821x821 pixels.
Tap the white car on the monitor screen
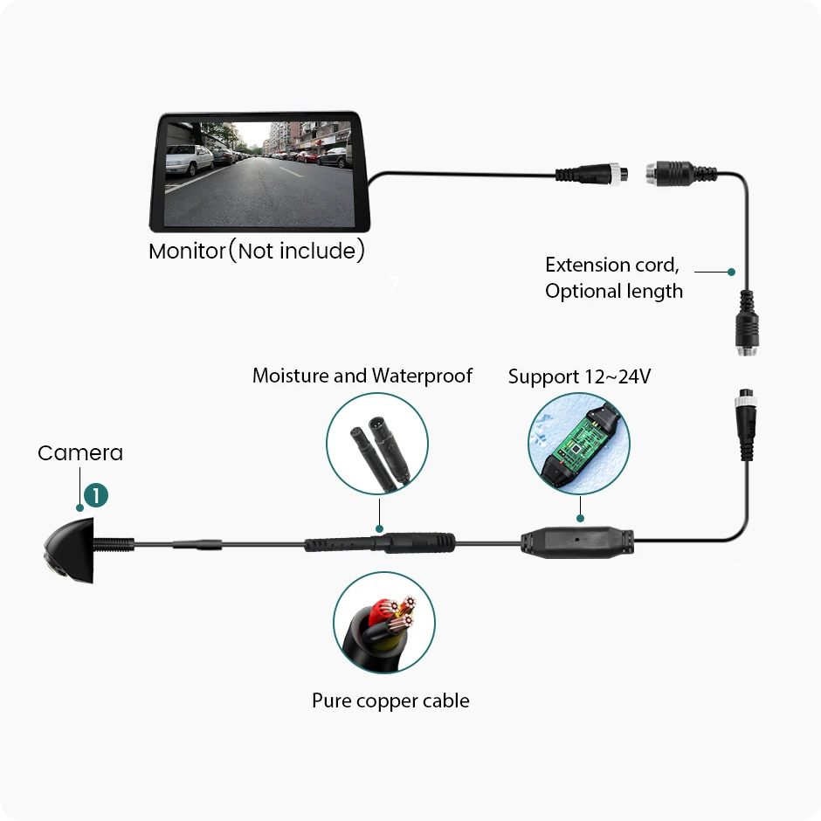click(188, 161)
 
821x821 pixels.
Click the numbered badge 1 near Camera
click(95, 495)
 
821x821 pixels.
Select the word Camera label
click(80, 453)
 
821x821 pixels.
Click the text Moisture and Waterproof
click(362, 376)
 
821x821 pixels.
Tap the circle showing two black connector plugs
click(376, 443)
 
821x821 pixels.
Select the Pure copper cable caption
click(390, 700)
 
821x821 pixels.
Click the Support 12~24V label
click(579, 377)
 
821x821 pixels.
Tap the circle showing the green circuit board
click(578, 444)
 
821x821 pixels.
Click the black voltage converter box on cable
click(577, 542)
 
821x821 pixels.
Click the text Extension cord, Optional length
click(613, 278)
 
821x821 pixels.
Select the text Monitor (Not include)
click(256, 252)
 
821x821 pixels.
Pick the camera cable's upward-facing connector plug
click(747, 424)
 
